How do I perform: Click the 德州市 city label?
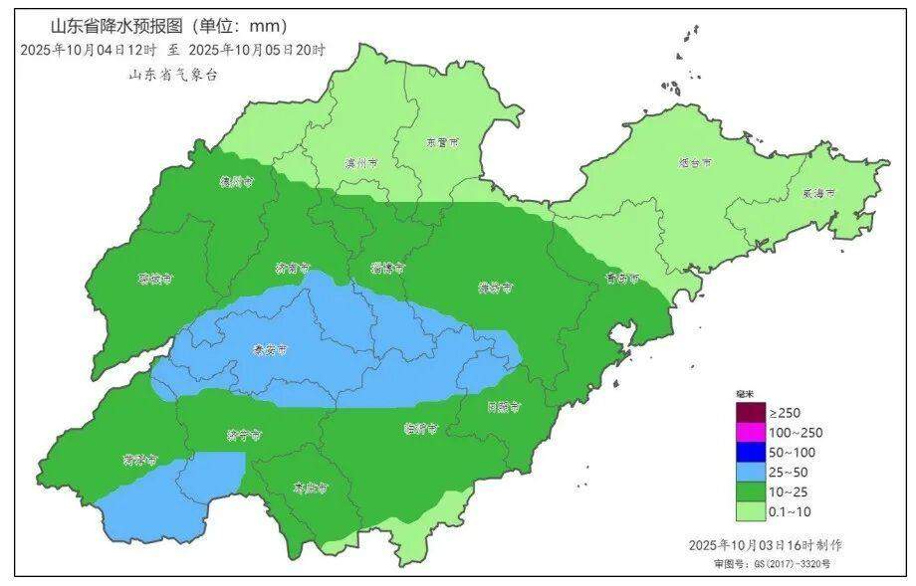236,182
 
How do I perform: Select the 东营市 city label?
442,142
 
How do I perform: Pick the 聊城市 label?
155,279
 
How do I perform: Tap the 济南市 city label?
292,268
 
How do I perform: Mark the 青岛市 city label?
622,279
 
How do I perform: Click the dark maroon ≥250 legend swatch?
751,412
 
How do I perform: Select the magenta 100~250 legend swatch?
751,432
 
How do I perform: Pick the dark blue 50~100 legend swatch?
751,452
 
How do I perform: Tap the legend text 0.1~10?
791,511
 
